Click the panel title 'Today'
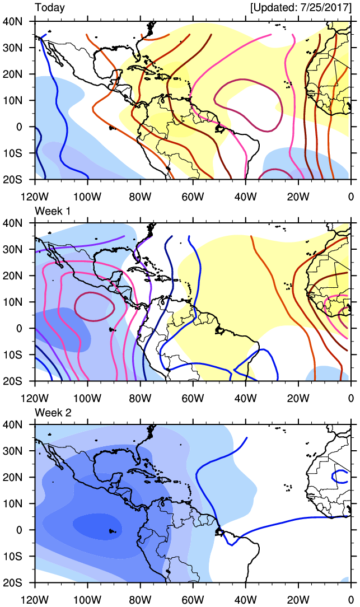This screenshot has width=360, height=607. pos(50,8)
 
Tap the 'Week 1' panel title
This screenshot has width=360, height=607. pos(52,210)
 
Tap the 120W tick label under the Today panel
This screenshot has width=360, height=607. pos(35,196)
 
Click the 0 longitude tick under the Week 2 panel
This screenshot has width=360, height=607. pos(350,600)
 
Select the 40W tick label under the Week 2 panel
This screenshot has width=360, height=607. pos(245,600)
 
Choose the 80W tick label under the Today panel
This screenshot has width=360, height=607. pos(140,196)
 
